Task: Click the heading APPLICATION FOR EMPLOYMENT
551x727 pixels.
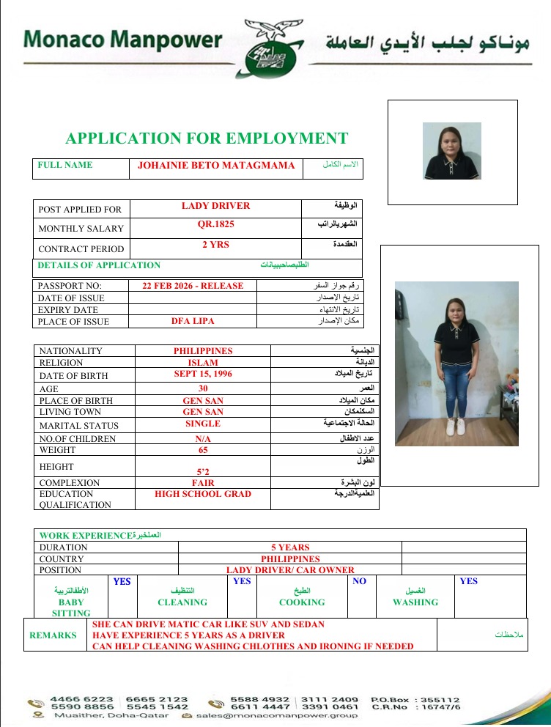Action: click(207, 139)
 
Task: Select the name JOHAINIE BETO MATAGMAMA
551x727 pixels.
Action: click(216, 166)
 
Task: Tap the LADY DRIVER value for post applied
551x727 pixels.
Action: click(215, 206)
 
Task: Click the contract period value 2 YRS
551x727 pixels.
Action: click(215, 245)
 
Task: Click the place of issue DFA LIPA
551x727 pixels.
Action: click(193, 321)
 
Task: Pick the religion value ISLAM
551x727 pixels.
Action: click(203, 363)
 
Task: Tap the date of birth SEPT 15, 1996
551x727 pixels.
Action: click(203, 374)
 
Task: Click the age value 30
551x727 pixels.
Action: click(203, 388)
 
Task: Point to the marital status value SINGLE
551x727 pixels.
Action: click(203, 424)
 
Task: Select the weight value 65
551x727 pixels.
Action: click(203, 450)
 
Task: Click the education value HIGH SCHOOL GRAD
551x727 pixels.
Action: click(203, 494)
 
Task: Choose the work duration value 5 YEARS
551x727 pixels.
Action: click(290, 547)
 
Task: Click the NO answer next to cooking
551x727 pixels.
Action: click(359, 581)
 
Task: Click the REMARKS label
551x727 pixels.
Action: click(53, 635)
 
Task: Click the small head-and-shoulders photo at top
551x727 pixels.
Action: click(452, 151)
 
